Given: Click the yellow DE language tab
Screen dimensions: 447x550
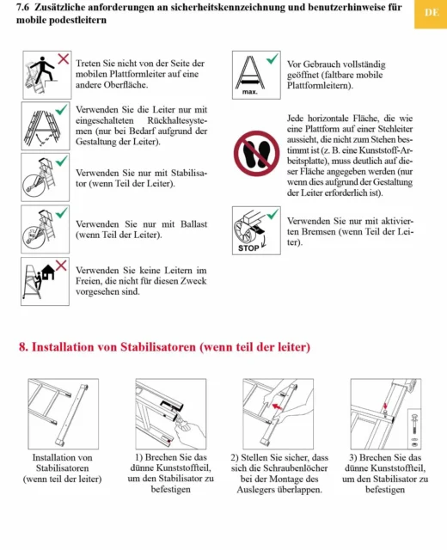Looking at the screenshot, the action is click(431, 14).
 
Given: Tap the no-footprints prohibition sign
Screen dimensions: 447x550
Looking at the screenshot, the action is click(256, 154).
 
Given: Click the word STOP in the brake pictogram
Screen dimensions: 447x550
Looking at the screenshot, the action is click(248, 248).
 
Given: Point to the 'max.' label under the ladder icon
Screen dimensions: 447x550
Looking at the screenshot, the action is click(249, 92).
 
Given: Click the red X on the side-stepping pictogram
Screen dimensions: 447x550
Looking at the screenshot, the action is click(63, 58).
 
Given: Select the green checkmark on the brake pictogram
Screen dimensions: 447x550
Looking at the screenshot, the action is click(272, 214).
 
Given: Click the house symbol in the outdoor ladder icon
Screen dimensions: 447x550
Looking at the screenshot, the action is click(48, 272).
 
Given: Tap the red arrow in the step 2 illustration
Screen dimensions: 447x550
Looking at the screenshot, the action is click(277, 406).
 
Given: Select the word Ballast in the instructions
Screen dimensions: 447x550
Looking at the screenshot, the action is click(193, 224).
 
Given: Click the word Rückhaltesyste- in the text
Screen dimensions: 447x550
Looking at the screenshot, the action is click(177, 120).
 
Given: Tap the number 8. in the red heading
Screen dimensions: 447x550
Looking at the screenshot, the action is click(23, 347).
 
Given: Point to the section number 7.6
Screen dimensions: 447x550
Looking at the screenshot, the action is click(23, 7).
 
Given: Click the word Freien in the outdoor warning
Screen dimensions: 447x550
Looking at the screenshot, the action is click(89, 281).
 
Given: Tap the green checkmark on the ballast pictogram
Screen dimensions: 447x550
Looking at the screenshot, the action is click(61, 212).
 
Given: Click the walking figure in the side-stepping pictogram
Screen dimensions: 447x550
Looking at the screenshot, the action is click(43, 68).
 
